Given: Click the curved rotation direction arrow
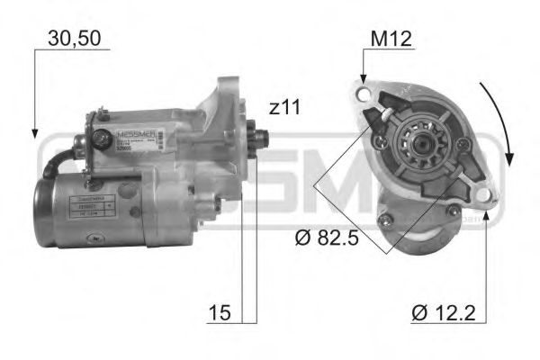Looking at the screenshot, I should click(500, 121).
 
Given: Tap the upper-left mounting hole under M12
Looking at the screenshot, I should click(363, 94).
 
